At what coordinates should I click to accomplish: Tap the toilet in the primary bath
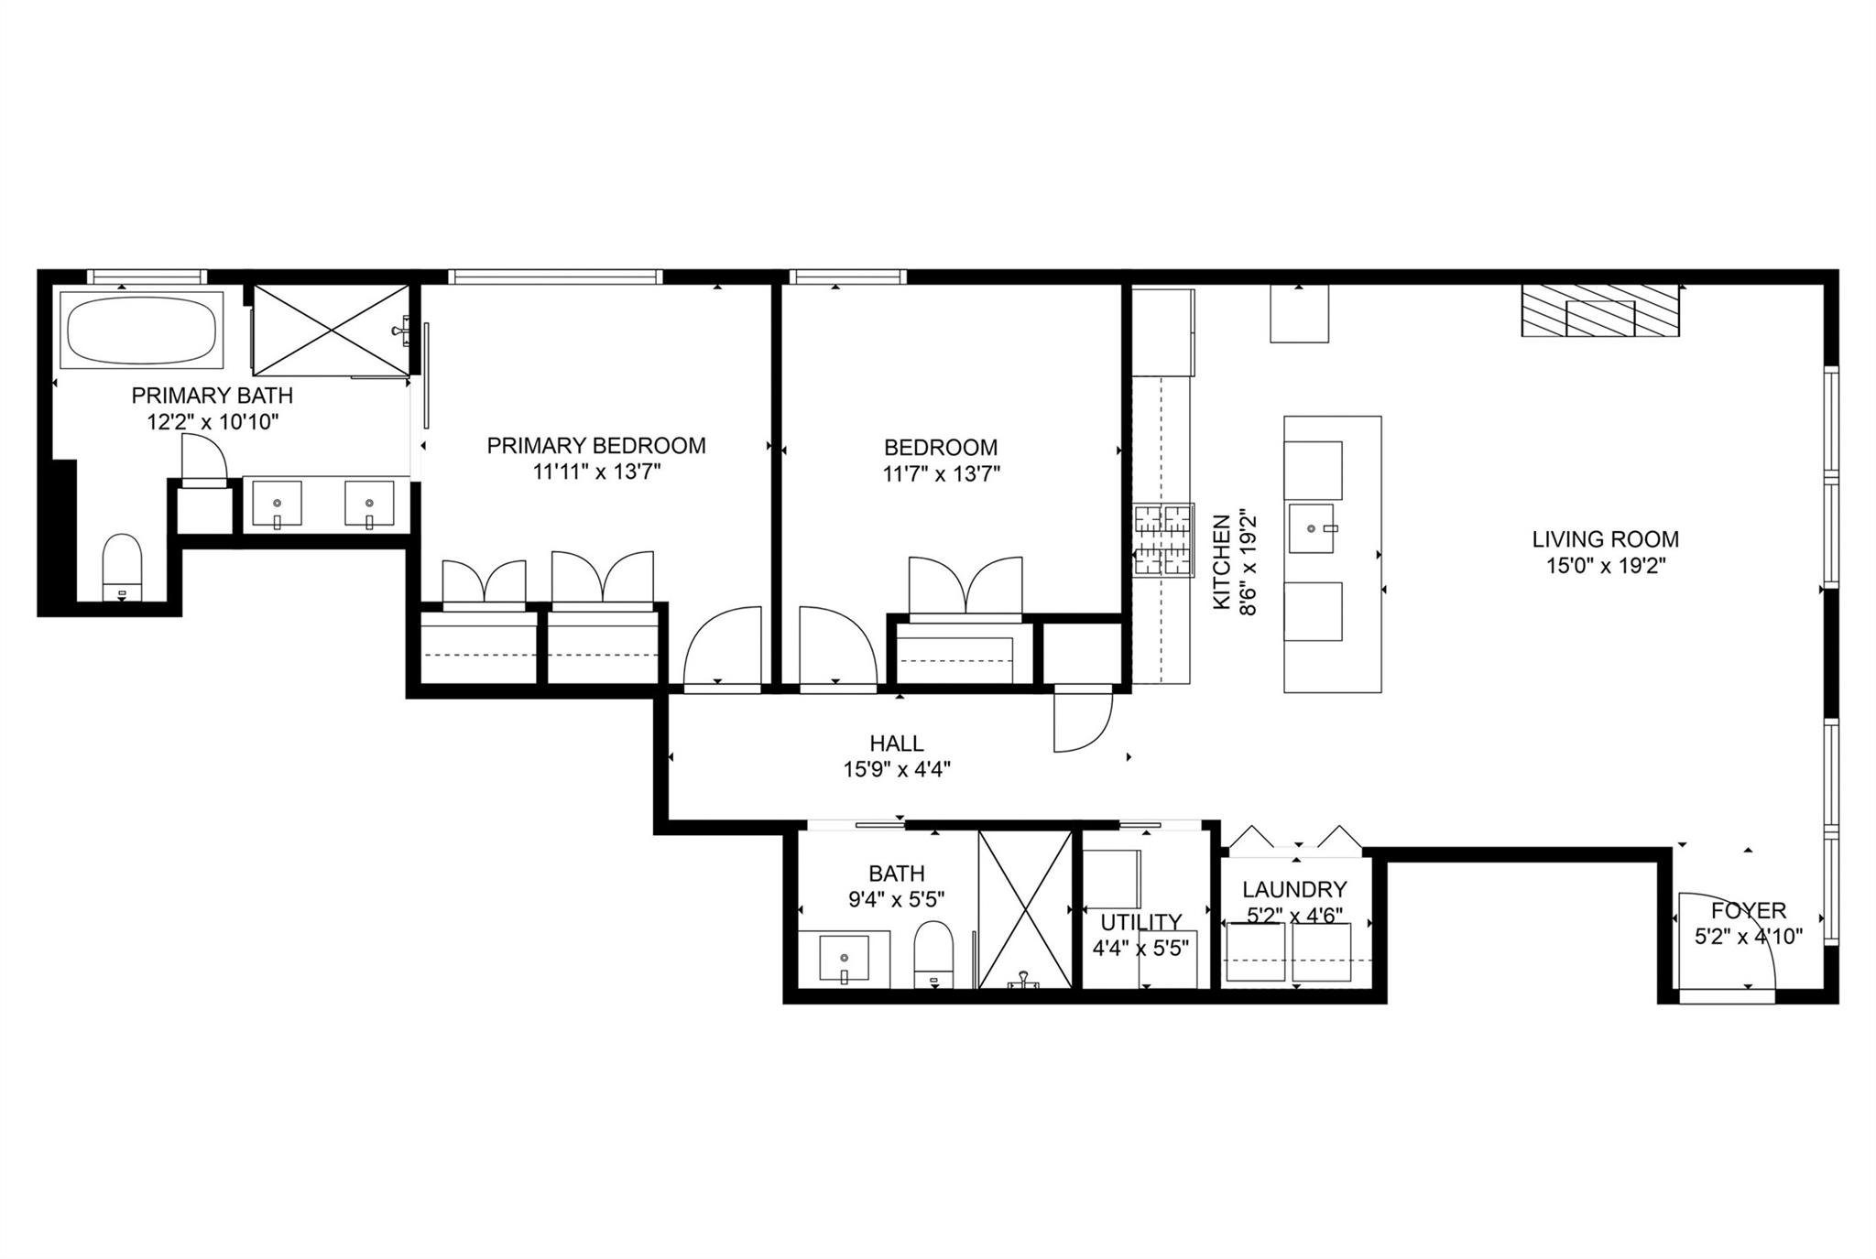pos(122,566)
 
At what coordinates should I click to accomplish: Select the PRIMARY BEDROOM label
pos(595,446)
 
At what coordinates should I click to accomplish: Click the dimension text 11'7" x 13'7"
pos(941,474)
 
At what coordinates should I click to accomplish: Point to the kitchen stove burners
pos(1164,541)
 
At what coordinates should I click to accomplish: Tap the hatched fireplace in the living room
pos(1600,310)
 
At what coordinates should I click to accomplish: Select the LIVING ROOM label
pos(1606,540)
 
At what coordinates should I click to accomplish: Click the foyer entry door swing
pos(1723,943)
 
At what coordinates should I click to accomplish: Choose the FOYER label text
pos(1749,911)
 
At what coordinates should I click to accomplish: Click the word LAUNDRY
pos(1294,889)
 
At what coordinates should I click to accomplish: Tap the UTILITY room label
pos(1140,922)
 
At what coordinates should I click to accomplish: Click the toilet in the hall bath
pos(934,953)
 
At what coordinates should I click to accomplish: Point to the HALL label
pos(897,743)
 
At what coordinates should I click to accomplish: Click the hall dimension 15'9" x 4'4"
pos(897,770)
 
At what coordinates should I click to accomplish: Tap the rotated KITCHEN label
pos(1221,563)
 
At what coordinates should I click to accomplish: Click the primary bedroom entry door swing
pos(723,647)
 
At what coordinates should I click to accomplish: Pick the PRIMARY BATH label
pos(213,396)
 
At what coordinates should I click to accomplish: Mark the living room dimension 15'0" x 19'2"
pos(1606,567)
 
